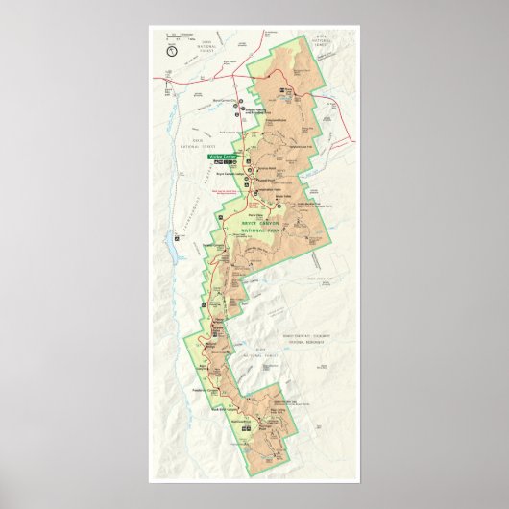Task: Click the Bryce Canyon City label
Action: (x=224, y=98)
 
